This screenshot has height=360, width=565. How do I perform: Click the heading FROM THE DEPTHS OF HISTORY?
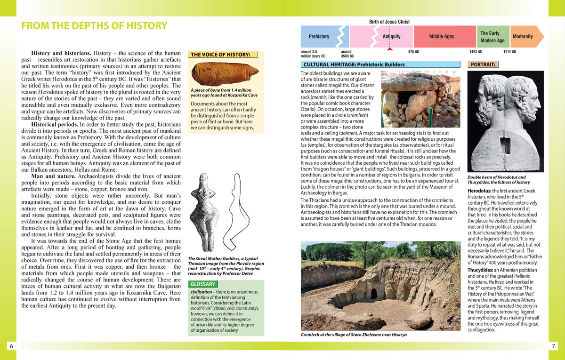94,26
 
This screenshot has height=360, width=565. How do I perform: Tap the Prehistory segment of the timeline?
319,36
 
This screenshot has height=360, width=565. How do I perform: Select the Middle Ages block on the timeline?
441,36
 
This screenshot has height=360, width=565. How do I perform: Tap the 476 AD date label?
413,52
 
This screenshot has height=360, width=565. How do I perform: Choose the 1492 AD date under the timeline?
476,52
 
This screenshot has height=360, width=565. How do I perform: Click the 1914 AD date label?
509,52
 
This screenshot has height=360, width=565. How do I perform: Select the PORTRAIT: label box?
483,64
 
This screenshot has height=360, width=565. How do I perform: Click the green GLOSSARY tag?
203,284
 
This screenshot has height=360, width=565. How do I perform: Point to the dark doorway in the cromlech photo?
374,293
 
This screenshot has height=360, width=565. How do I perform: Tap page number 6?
11,346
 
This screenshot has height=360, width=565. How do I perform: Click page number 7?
554,346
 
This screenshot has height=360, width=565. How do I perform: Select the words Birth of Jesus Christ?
389,22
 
